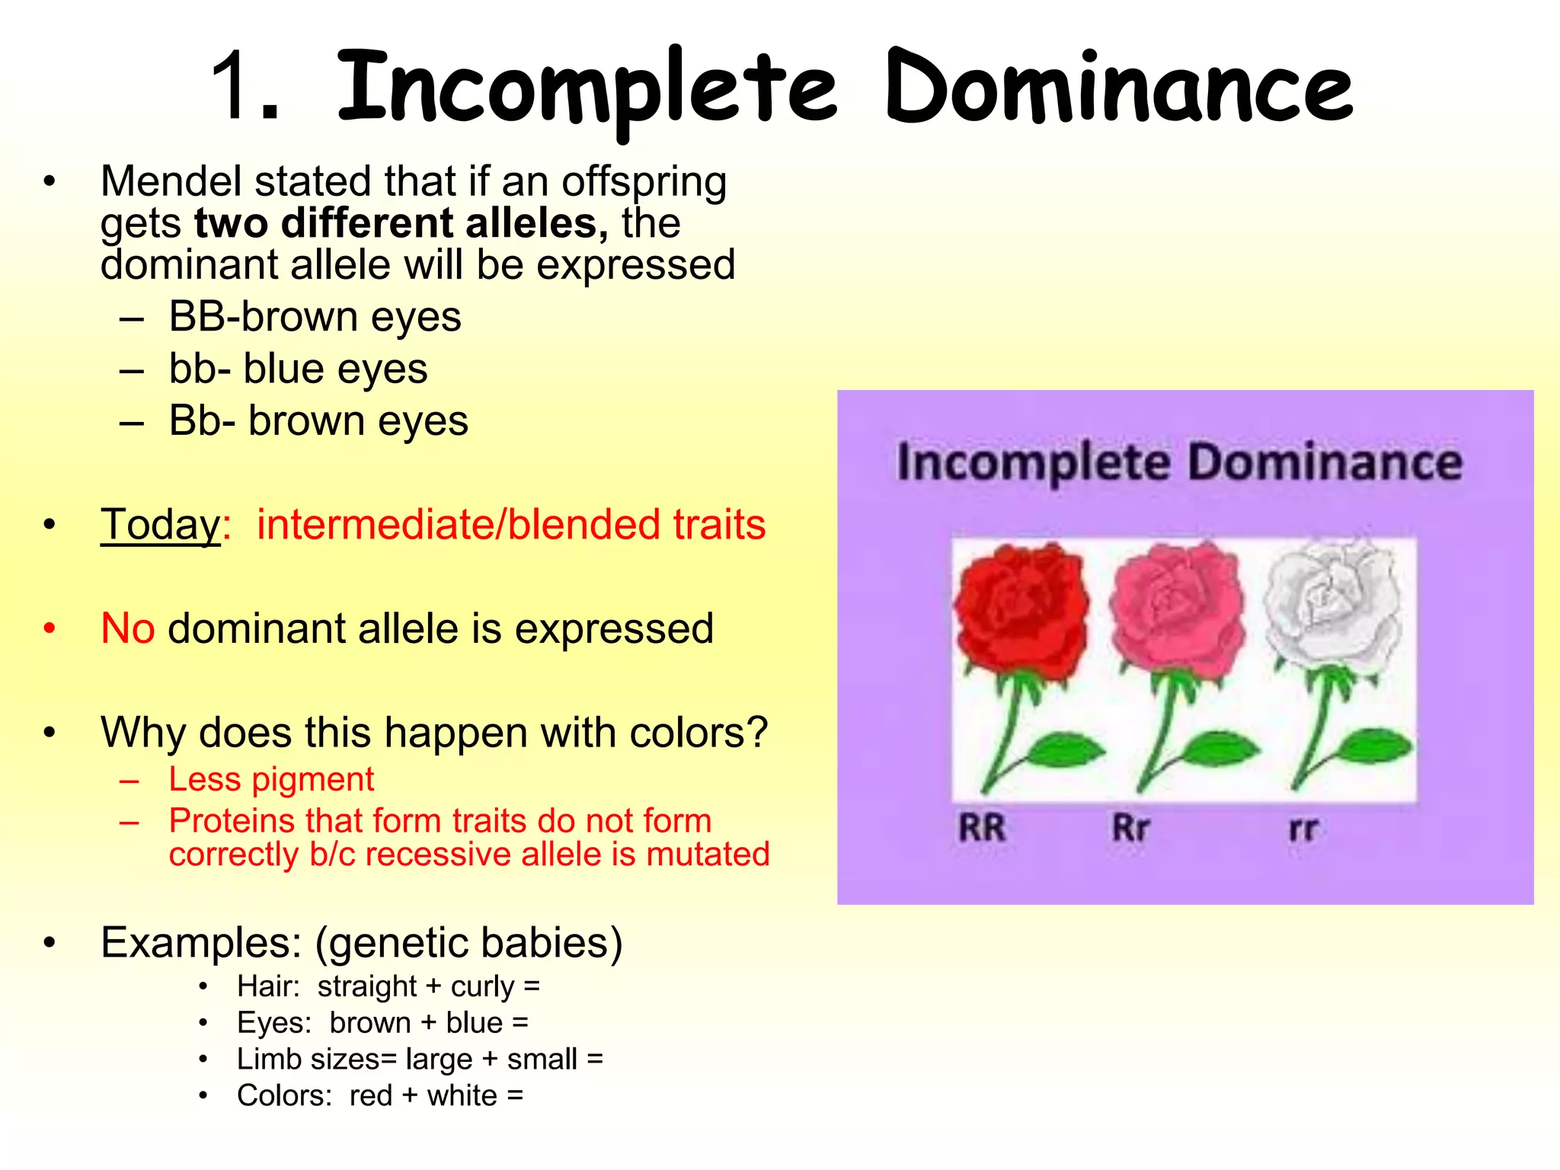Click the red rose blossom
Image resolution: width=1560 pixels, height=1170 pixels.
point(1021,609)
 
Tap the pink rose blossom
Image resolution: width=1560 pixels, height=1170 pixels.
point(1177,609)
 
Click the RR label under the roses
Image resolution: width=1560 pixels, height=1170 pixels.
point(982,828)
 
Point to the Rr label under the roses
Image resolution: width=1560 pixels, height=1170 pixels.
point(1130,828)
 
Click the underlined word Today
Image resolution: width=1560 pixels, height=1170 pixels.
point(160,525)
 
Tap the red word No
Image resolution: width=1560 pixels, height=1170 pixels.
point(127,629)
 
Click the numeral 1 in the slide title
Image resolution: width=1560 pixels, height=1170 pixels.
point(236,88)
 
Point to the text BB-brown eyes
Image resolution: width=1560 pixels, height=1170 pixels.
point(315,317)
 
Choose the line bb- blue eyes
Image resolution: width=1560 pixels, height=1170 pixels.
point(298,369)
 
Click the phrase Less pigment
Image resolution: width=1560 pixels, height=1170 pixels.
point(271,779)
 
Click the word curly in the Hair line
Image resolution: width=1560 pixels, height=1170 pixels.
point(482,987)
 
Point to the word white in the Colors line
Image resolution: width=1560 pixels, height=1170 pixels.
point(462,1096)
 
